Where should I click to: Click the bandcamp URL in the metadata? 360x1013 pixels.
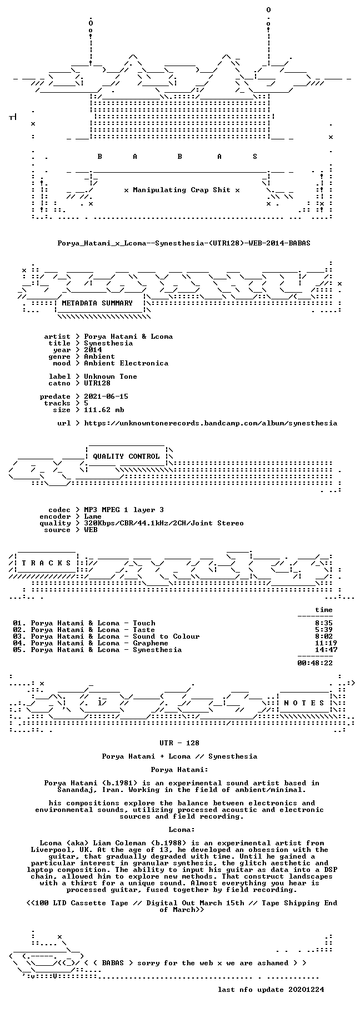[211, 423]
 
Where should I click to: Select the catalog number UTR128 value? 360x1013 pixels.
[97, 383]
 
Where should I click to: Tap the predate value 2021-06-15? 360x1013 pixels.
[106, 397]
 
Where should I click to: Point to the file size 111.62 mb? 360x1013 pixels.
[104, 410]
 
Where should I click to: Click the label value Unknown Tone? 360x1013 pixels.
[111, 377]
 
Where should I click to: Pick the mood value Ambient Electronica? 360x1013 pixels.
[126, 363]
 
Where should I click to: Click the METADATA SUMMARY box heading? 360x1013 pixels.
[97, 303]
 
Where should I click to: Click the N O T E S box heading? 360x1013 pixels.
[304, 703]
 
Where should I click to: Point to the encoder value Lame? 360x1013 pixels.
[93, 516]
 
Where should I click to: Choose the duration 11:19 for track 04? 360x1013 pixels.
[326, 643]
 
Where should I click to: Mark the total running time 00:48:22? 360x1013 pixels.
[315, 663]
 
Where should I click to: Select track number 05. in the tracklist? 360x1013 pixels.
[19, 650]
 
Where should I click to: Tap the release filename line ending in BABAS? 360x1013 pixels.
[184, 243]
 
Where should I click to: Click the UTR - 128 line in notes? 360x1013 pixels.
[179, 743]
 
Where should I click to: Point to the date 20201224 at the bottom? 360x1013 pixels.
[306, 990]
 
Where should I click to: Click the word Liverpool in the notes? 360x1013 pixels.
[51, 850]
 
